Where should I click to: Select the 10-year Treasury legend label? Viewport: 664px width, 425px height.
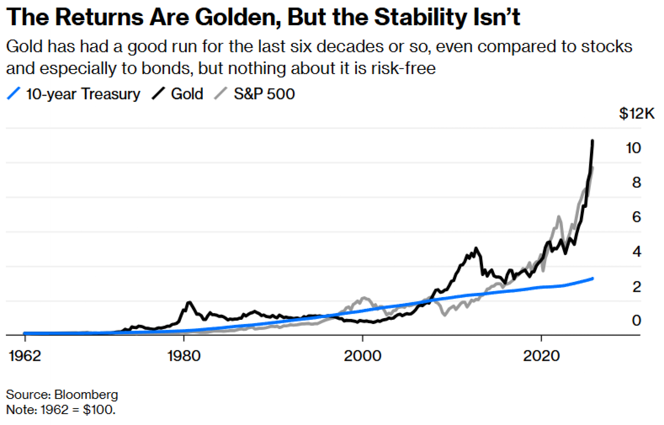tap(83, 94)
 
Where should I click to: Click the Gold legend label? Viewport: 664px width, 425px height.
tap(187, 94)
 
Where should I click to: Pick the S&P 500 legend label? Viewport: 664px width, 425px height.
tap(264, 94)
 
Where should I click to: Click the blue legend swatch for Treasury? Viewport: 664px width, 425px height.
tap(14, 93)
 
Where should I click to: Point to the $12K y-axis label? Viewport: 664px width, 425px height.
tap(636, 114)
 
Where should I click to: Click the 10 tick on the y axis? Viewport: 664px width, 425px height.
tap(633, 148)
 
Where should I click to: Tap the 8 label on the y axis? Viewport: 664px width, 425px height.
tap(636, 183)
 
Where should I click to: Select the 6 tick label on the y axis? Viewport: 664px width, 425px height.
tap(636, 217)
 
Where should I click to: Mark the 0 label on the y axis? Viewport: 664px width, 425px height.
tap(636, 321)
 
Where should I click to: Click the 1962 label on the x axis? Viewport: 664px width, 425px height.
tap(25, 356)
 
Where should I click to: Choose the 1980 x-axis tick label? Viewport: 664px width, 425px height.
tap(184, 356)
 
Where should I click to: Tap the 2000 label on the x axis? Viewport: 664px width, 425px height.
tap(362, 356)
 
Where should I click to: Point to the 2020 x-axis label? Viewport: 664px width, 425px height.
tap(541, 356)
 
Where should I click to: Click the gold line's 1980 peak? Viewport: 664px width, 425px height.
tap(189, 302)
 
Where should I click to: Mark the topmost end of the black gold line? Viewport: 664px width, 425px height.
tap(593, 141)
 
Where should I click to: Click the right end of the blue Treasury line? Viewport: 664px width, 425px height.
tap(593, 278)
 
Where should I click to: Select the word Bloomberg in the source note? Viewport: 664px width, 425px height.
tap(86, 395)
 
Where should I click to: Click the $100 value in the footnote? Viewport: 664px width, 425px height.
tap(99, 410)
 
